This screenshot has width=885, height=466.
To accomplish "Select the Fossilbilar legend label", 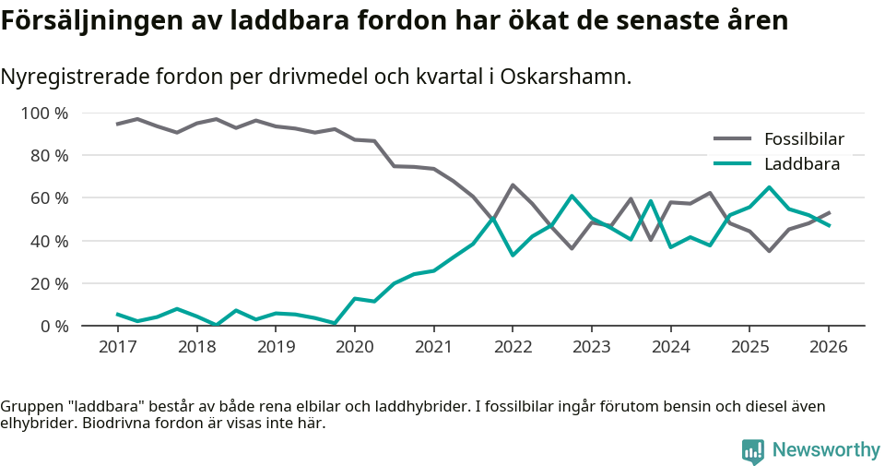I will point(804,139).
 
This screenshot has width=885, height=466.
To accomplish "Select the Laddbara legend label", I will point(801,164).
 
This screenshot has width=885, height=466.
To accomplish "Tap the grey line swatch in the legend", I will point(734,139).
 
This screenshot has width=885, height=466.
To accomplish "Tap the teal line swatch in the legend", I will point(734,164).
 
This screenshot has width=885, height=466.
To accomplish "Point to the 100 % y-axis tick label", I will point(45,114).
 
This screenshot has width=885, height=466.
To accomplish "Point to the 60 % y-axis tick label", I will point(49,198).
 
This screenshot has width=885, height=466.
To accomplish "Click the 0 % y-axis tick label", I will point(53,326).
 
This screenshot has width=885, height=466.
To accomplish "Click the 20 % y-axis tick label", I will point(49,283).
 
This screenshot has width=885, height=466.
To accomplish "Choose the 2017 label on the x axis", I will point(118,347).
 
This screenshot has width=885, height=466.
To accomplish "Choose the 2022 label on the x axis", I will point(513,347).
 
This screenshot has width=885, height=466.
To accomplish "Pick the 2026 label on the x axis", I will point(828,347).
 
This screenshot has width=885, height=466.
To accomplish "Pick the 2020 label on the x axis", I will point(355,347).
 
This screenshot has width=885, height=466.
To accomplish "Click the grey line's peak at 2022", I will point(513,185).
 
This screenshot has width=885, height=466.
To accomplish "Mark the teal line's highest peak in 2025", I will point(769,187).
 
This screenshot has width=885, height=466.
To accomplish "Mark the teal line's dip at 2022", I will point(513,255).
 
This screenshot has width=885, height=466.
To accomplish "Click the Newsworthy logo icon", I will point(752,450).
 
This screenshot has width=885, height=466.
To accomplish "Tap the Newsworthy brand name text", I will point(826,450).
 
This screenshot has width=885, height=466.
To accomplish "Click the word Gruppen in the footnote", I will point(29,407).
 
